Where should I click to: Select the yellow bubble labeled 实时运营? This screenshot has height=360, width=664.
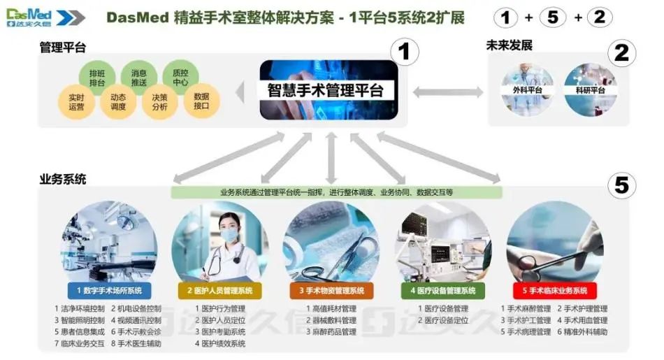76,102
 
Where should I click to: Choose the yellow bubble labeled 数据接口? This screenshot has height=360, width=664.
201,101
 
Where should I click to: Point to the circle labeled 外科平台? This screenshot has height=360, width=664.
528,89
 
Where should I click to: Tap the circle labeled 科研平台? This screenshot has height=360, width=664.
589,89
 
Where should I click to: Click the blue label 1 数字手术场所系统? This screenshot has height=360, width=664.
108,290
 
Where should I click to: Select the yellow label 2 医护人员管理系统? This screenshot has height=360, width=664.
219,290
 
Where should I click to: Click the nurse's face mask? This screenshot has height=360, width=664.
229,236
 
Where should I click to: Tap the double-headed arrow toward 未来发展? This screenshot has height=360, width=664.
447,92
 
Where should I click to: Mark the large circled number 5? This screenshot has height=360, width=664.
621,185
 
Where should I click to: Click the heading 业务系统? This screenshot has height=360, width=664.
63,179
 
